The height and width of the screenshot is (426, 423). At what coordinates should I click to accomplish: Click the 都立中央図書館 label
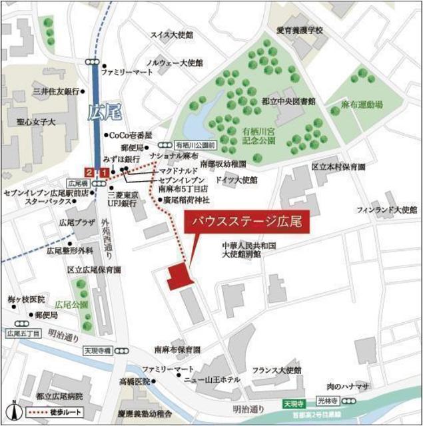[x=288, y=101]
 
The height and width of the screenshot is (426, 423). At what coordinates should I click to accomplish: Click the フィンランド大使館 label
[x=386, y=210]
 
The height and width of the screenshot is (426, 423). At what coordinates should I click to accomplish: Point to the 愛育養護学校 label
[x=300, y=31]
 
